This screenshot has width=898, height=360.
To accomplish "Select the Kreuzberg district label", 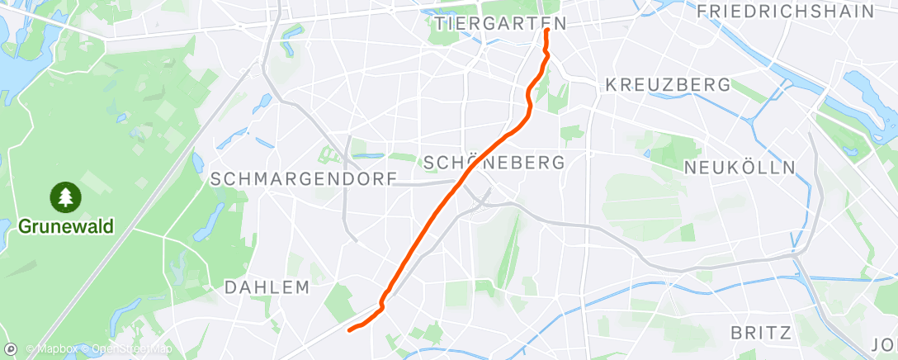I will point(668,85).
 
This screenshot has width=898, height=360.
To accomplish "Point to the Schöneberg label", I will point(494,162).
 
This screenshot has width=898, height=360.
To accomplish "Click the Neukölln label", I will point(740,168).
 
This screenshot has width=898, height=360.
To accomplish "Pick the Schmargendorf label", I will point(304,178).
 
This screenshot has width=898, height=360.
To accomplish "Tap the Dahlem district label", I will point(267,287).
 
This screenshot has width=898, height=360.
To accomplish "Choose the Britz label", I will point(761,333).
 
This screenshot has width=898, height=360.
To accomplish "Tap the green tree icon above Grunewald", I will point(65,197).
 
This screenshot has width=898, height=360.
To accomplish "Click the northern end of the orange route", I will point(547,31).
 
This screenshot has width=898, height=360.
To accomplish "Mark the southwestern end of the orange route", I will point(350,330).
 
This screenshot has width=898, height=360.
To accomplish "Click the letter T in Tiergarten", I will point(437,23).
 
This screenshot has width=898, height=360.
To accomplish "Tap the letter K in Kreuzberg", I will point(611,85).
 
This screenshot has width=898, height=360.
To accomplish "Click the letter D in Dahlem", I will point(229,287).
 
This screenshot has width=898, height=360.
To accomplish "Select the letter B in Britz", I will point(736,333).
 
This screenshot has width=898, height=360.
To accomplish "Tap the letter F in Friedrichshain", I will point(702,11).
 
